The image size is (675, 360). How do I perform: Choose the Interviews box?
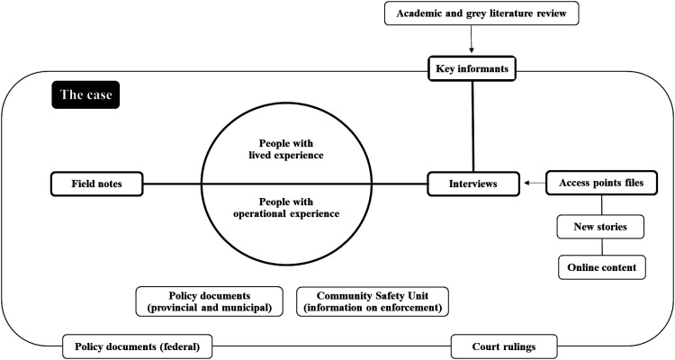tap(473, 184)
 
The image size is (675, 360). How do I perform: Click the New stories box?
tap(600, 228)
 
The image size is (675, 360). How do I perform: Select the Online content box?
tap(600, 267)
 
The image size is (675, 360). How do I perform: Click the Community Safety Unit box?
tap(371, 302)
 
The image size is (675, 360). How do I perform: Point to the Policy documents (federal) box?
tap(138, 345)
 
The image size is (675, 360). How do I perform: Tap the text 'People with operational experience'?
tap(286, 208)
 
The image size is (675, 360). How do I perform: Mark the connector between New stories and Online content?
tap(600, 247)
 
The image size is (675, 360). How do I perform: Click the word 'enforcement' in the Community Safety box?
tap(410, 309)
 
